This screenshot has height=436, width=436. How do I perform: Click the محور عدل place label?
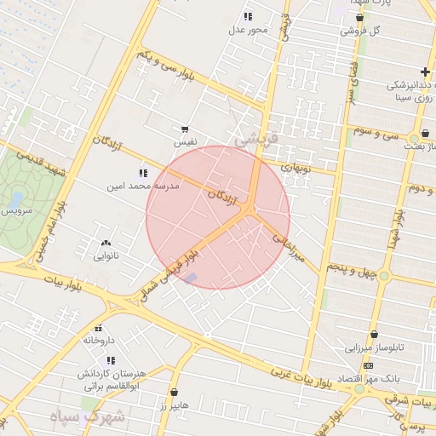pyautogui.click(x=248, y=31)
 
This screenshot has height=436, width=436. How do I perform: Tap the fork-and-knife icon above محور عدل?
pyautogui.click(x=248, y=16)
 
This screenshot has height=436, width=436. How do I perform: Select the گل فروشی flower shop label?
pyautogui.click(x=359, y=31)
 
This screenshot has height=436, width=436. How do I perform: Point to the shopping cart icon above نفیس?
pyautogui.click(x=185, y=129)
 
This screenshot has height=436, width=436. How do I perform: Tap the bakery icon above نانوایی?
pyautogui.click(x=106, y=244)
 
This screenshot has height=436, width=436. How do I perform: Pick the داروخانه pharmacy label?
pyautogui.click(x=99, y=340)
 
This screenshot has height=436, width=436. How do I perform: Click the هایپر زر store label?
pyautogui.click(x=174, y=406)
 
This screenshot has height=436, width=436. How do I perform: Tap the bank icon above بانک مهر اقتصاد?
pyautogui.click(x=368, y=365)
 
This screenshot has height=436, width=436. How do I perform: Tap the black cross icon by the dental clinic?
pyautogui.click(x=425, y=72)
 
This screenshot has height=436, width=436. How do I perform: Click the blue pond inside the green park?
pyautogui.click(x=16, y=201)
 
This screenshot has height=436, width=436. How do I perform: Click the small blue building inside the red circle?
pyautogui.click(x=191, y=278)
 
